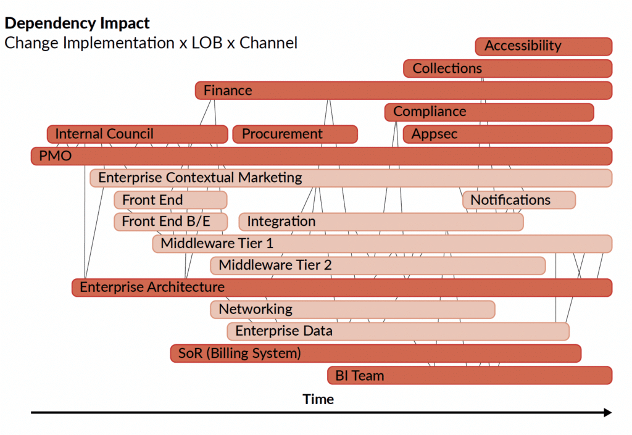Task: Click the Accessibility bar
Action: pyautogui.click(x=543, y=46)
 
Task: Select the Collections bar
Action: pyautogui.click(x=507, y=68)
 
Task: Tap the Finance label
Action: pyautogui.click(x=228, y=91)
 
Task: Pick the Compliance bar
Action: pyautogui.click(x=489, y=112)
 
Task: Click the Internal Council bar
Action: pyautogui.click(x=137, y=135)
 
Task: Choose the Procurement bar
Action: pyautogui.click(x=294, y=135)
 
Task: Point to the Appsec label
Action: pyautogui.click(x=434, y=135)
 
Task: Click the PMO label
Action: pyautogui.click(x=56, y=156)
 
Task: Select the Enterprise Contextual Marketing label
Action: pyautogui.click(x=200, y=178)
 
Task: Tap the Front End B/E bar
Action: pyautogui.click(x=170, y=222)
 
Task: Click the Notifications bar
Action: pyautogui.click(x=518, y=200)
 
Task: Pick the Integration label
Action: pyautogui.click(x=281, y=222)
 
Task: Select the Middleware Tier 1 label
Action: pyautogui.click(x=217, y=244)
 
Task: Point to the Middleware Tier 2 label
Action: pyautogui.click(x=275, y=266)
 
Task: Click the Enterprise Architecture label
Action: pyautogui.click(x=152, y=288)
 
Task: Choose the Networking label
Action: pyautogui.click(x=256, y=309)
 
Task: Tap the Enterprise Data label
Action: pyautogui.click(x=284, y=331)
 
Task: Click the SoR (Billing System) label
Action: pyautogui.click(x=239, y=354)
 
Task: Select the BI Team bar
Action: pyautogui.click(x=469, y=375)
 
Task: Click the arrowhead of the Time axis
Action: pyautogui.click(x=608, y=412)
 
